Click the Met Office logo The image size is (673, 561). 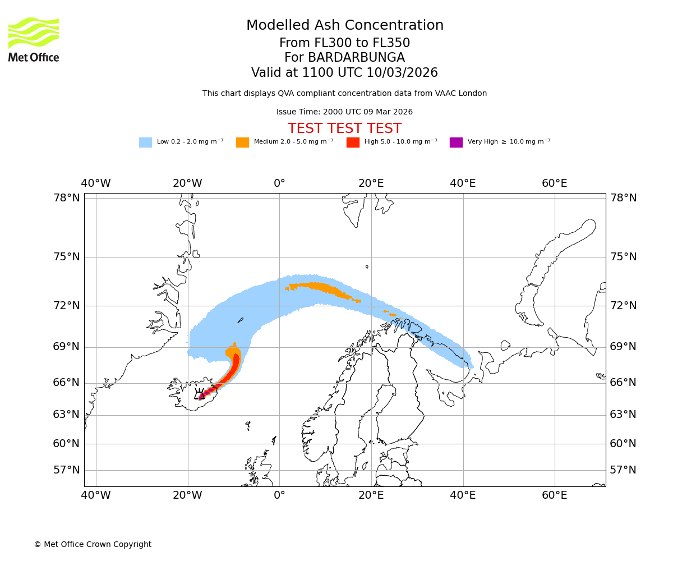(x=34, y=39)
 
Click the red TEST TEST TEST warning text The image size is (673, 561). (x=344, y=128)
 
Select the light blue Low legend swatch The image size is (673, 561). (x=145, y=142)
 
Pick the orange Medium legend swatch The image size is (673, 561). (x=242, y=142)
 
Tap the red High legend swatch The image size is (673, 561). (x=353, y=142)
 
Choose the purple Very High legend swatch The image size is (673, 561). (x=456, y=142)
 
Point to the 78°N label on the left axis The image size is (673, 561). (x=67, y=198)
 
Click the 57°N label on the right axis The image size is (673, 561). (x=623, y=470)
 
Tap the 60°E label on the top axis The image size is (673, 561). (x=554, y=183)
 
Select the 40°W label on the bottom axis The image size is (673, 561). (x=96, y=495)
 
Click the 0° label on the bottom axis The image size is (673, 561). (x=279, y=495)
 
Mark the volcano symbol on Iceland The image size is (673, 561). (x=199, y=394)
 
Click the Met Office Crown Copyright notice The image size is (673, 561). (x=93, y=544)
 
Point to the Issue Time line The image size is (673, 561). (x=344, y=112)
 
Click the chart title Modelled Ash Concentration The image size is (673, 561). (x=344, y=25)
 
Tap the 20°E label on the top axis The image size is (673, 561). (x=371, y=183)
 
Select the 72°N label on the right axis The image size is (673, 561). (x=623, y=306)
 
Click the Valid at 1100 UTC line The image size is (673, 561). (x=344, y=72)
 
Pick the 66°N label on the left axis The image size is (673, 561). (x=67, y=383)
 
